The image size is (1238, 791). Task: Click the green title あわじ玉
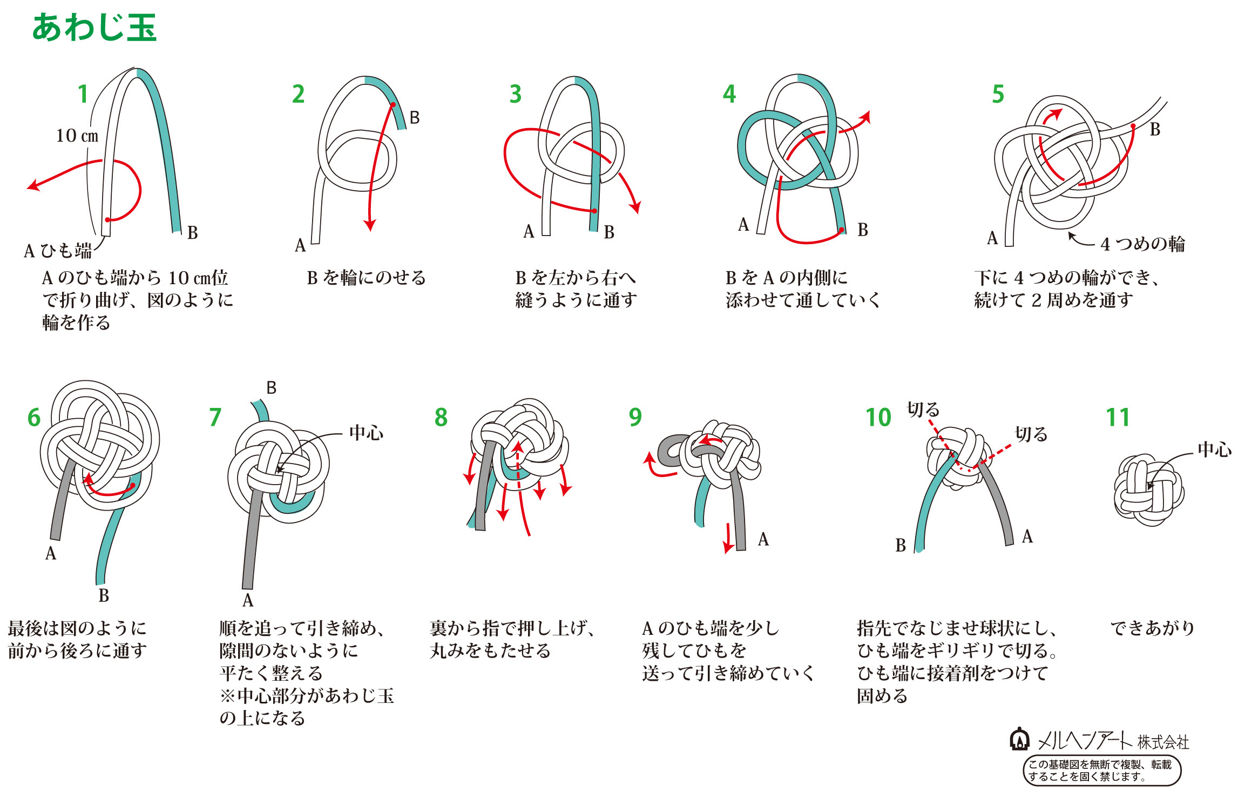coord(94,28)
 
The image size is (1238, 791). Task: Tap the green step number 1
coord(83,94)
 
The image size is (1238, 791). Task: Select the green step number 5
coord(998,94)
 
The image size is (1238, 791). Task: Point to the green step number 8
coord(441,417)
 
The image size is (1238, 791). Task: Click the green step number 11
coord(1117,417)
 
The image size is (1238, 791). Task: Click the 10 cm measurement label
coord(77,136)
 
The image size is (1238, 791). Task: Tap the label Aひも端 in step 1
coord(58,251)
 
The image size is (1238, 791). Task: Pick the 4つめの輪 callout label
coord(1142,244)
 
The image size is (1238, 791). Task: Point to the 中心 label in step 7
coord(366,433)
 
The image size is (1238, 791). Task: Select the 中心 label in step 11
coord(1214,450)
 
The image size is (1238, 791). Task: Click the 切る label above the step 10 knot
coord(923,410)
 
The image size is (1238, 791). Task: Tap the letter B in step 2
coord(414,118)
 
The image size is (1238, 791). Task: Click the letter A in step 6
coord(51,553)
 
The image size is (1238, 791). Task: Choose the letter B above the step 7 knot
coord(271,387)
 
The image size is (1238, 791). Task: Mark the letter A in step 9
coord(763,539)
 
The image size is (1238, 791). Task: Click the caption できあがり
coord(1152,628)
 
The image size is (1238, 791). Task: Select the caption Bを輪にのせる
coord(366,278)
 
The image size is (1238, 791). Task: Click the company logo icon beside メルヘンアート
coord(1019,740)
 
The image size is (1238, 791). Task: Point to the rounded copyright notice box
coord(1101,770)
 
